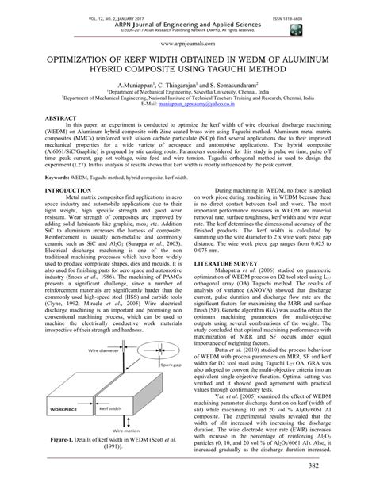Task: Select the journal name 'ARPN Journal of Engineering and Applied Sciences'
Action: pyautogui.click(x=188, y=14)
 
